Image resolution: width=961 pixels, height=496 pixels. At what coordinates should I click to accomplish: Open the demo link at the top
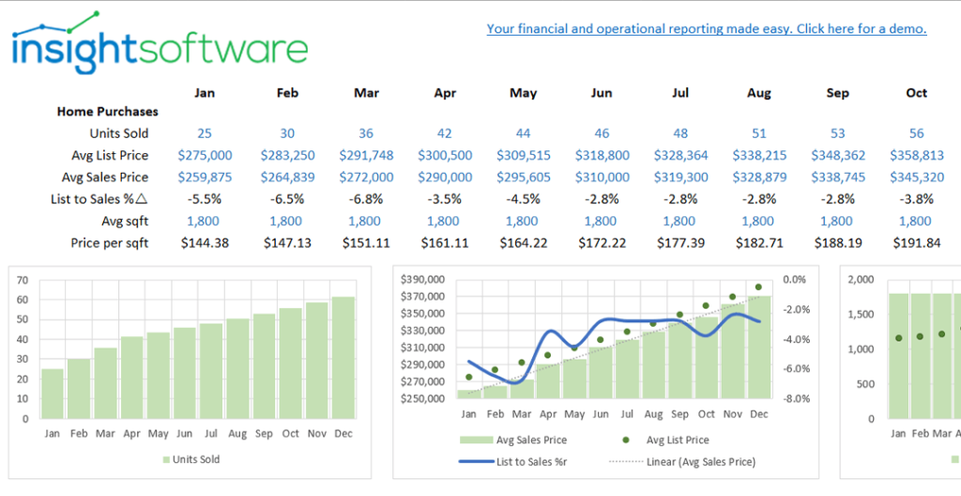tap(706, 29)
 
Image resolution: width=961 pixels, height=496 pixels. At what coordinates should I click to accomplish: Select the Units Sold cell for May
tap(523, 133)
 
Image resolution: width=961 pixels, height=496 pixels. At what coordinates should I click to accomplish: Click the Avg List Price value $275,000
tap(205, 155)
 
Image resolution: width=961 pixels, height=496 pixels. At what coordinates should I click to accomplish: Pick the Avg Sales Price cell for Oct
tap(916, 177)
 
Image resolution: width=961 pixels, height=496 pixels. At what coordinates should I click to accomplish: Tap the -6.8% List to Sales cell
tap(366, 198)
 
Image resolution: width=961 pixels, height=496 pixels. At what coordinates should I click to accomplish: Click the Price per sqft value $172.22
tap(602, 242)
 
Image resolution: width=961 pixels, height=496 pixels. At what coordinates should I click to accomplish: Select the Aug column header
tap(758, 93)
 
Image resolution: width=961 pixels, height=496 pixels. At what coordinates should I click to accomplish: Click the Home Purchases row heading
tap(107, 111)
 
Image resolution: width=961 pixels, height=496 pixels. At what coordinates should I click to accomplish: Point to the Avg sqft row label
tap(125, 221)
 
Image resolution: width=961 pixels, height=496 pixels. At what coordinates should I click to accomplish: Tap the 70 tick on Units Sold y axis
tap(22, 280)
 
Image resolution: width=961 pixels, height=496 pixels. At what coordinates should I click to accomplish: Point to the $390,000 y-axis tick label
tap(423, 280)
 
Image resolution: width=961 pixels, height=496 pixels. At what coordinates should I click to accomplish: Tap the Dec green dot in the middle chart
tap(758, 287)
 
